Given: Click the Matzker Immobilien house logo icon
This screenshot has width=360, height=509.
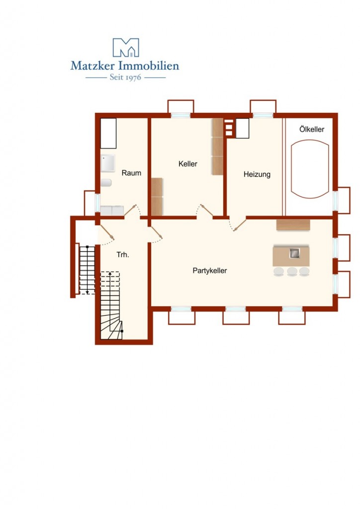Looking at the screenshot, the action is (126, 47).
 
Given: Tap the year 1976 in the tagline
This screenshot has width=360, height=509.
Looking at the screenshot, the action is (133, 78).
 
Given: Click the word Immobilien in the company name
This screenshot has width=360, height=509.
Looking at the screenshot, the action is (149, 66).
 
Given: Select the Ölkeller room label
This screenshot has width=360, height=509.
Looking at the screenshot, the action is (312, 129).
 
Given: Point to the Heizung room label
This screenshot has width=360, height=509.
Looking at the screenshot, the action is (257, 174).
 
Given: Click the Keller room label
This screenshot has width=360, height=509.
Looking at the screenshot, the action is (187, 164).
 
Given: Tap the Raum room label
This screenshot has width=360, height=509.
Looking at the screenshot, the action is (131, 173).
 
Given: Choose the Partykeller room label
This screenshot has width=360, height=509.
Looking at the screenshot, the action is (210, 271).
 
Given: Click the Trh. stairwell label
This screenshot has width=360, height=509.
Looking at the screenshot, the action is (123, 255).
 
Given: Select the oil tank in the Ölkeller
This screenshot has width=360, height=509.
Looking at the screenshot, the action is (310, 169).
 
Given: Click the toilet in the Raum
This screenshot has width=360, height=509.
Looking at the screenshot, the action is (106, 182).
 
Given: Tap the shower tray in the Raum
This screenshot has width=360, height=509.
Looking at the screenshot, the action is (108, 163).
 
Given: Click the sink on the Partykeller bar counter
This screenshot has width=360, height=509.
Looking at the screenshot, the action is (294, 253).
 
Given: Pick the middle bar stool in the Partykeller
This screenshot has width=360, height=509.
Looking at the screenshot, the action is (292, 271).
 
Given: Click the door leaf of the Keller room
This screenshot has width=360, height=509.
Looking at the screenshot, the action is (206, 210).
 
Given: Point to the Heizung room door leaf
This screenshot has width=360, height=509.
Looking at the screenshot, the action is (240, 225).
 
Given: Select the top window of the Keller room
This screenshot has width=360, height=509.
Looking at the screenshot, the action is (180, 115).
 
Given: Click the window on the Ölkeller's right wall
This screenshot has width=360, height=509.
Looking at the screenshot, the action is (335, 201).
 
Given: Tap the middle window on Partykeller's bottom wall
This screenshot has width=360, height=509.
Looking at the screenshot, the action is (236, 309).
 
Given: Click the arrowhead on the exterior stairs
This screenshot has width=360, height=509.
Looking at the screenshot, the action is (88, 292).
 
